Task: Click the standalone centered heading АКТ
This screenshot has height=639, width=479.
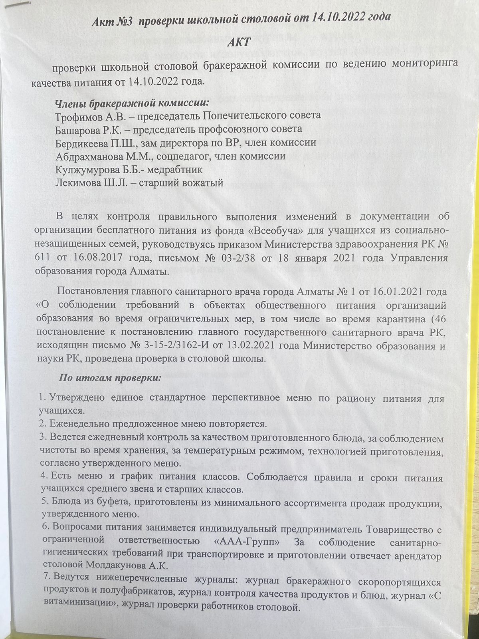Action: coord(239,43)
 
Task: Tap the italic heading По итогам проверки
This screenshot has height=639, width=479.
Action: coord(110,378)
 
